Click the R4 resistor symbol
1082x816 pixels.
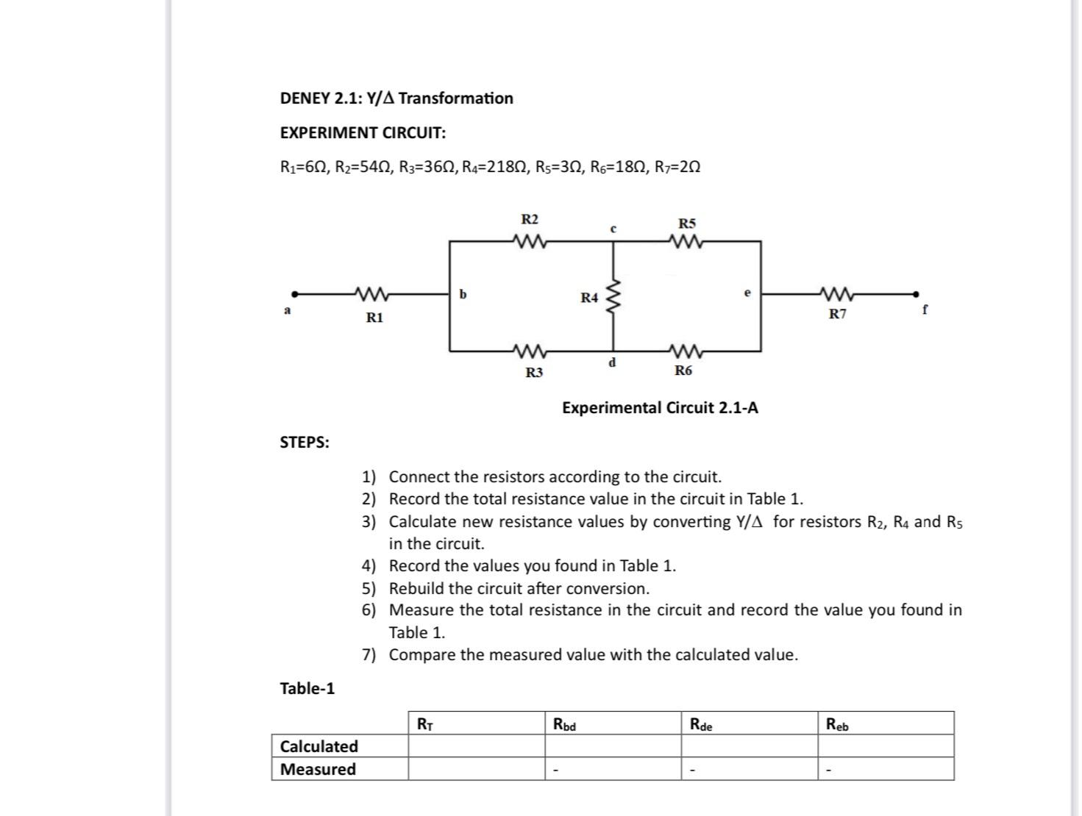[x=612, y=296]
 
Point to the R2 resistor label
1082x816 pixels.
[x=530, y=219]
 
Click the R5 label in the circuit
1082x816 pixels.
[x=686, y=223]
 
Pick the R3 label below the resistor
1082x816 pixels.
[x=534, y=373]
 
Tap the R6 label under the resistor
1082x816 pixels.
[x=683, y=371]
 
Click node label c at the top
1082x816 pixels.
[x=613, y=229]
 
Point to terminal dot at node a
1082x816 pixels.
[x=295, y=293]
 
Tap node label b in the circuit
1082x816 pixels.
[x=463, y=295]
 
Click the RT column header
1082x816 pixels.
[x=425, y=724]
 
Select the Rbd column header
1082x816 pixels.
[x=564, y=725]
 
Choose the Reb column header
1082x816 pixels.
[x=837, y=725]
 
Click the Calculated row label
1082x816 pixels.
[x=319, y=746]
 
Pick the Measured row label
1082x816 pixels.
[x=318, y=769]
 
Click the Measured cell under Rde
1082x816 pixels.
[x=749, y=769]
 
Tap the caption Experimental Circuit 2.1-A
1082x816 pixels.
[x=660, y=407]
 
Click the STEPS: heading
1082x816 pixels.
[x=305, y=442]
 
